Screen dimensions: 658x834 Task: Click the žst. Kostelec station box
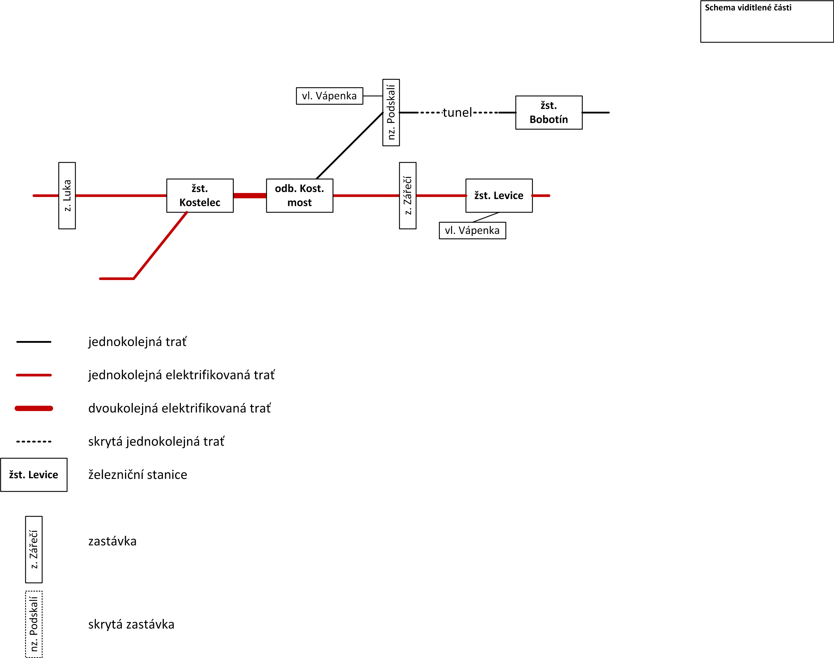pyautogui.click(x=200, y=196)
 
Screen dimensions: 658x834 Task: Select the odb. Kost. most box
pyautogui.click(x=300, y=196)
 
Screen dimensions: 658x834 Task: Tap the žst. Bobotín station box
pyautogui.click(x=549, y=113)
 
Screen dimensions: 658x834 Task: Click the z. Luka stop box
pyautogui.click(x=67, y=196)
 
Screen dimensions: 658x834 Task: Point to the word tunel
pyautogui.click(x=457, y=113)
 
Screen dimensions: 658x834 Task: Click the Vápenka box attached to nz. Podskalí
pyautogui.click(x=329, y=96)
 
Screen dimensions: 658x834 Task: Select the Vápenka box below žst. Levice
pyautogui.click(x=472, y=230)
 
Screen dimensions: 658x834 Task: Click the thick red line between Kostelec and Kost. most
pyautogui.click(x=250, y=196)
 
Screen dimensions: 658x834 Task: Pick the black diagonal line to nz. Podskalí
pyautogui.click(x=349, y=146)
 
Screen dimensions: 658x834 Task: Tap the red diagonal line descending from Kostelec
pyautogui.click(x=160, y=245)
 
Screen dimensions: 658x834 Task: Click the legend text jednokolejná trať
pyautogui.click(x=138, y=342)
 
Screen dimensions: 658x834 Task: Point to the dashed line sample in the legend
pyautogui.click(x=34, y=442)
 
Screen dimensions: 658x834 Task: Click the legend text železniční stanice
pyautogui.click(x=138, y=475)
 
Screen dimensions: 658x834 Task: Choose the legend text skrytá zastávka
pyautogui.click(x=131, y=624)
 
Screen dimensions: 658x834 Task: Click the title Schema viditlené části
pyautogui.click(x=748, y=8)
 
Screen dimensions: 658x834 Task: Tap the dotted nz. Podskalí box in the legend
pyautogui.click(x=34, y=624)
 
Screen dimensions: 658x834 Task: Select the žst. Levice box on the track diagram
pyautogui.click(x=499, y=196)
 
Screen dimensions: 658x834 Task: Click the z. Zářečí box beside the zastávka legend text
pyautogui.click(x=34, y=550)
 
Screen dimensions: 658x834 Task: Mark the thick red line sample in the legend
pyautogui.click(x=34, y=408)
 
